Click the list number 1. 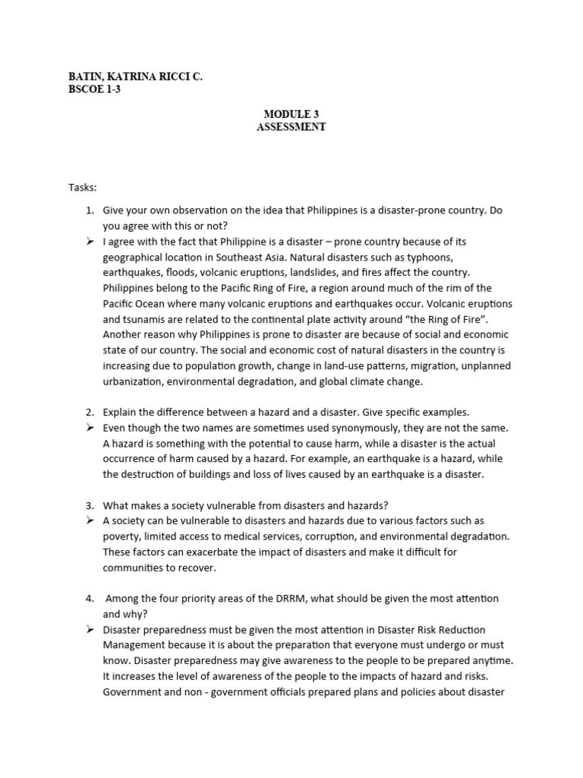tap(89, 210)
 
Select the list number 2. tap(89, 412)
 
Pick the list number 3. tap(89, 505)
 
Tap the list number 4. tap(89, 599)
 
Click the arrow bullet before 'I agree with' tap(90, 241)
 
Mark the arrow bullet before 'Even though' tap(90, 428)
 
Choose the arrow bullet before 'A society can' tap(90, 520)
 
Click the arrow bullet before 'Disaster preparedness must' tap(90, 630)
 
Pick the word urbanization tap(132, 381)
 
